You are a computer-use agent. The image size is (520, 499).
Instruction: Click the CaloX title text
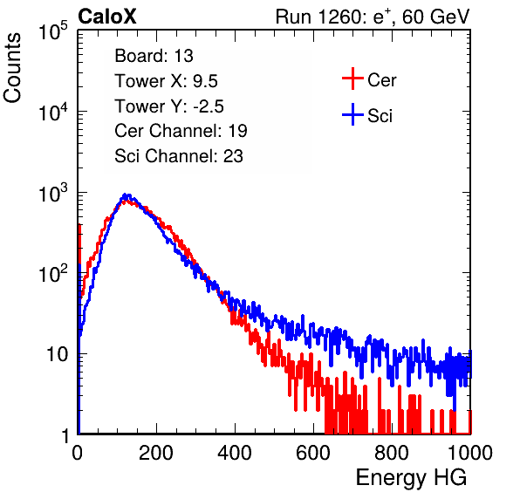pos(107,17)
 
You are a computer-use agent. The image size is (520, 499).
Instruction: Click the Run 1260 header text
pos(373,17)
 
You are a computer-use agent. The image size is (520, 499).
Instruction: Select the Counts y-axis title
pos(12,68)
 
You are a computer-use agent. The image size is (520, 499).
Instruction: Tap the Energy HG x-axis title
pos(411,478)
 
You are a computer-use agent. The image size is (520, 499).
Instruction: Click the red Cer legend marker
pos(352,79)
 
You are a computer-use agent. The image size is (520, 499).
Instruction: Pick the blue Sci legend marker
pos(352,115)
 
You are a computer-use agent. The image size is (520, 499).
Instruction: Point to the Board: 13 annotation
pos(154,56)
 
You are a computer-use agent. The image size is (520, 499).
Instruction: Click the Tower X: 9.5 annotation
pos(166,81)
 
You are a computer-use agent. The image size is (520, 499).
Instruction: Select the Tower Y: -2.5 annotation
pos(169,106)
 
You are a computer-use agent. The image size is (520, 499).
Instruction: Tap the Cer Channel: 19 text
pos(181,131)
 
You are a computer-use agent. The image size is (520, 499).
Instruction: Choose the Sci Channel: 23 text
pos(179,156)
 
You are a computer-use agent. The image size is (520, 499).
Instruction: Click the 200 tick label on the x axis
pos(156,453)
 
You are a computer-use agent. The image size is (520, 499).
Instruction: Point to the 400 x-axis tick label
pos(235,453)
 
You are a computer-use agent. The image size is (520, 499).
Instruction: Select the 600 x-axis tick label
pos(313,453)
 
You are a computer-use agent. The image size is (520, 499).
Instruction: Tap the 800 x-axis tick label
pos(392,453)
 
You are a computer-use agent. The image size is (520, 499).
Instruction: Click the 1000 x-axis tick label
pos(470,453)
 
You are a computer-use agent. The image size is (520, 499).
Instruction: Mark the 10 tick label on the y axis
pos(58,354)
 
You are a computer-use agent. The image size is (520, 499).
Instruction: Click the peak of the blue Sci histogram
pos(126,195)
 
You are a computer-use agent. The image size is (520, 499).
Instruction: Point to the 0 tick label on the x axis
pos(78,453)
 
